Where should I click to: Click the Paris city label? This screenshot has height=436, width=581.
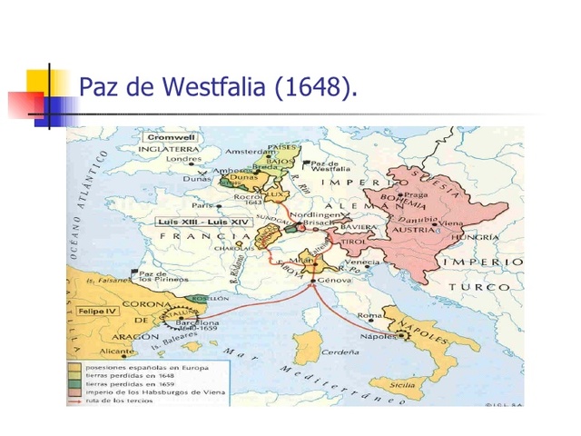click(x=213, y=206)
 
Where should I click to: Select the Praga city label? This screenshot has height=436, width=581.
click(x=417, y=194)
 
